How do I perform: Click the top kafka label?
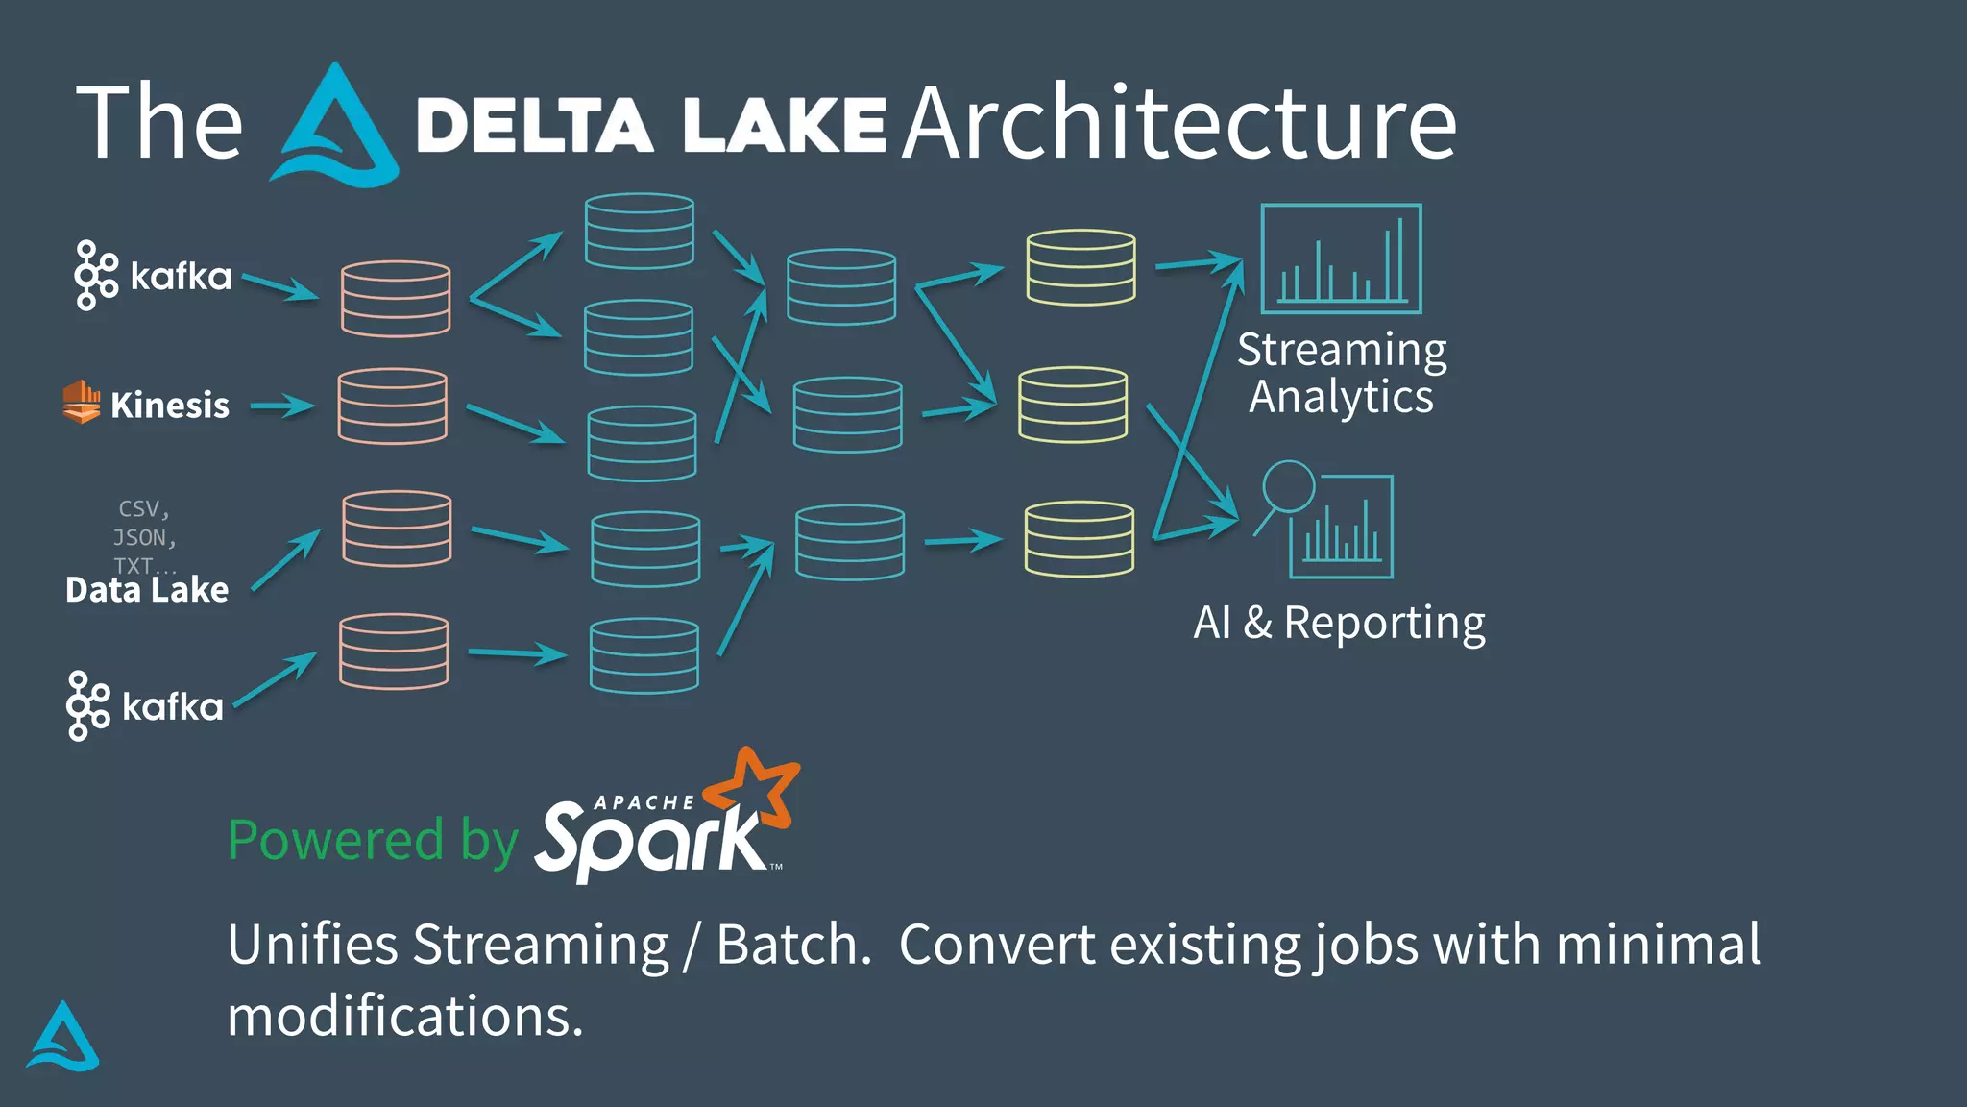[x=181, y=277]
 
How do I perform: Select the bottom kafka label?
[x=173, y=707]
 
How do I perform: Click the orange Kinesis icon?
[x=82, y=402]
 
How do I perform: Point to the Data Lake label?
[x=147, y=589]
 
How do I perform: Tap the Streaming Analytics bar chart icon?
[x=1341, y=258]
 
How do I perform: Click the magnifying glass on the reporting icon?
[x=1287, y=487]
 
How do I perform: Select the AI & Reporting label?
[x=1339, y=623]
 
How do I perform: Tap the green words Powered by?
[x=373, y=840]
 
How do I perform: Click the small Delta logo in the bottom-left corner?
[x=63, y=1038]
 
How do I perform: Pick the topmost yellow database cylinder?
[x=1081, y=267]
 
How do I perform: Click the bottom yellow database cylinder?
[x=1079, y=539]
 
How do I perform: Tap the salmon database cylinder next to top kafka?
[x=396, y=299]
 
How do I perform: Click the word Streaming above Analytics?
[x=1341, y=349]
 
